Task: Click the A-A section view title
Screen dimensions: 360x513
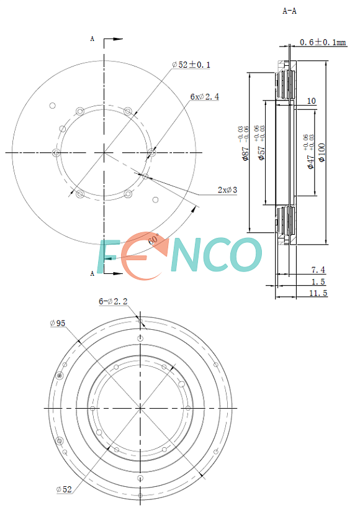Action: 289,11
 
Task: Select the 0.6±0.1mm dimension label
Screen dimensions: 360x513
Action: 323,42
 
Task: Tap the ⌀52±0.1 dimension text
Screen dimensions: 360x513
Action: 192,65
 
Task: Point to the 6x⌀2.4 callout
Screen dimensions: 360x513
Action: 205,97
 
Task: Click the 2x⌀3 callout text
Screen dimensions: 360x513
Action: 228,190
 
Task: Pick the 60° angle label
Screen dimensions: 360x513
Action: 153,239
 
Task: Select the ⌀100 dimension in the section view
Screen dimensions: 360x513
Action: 322,152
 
